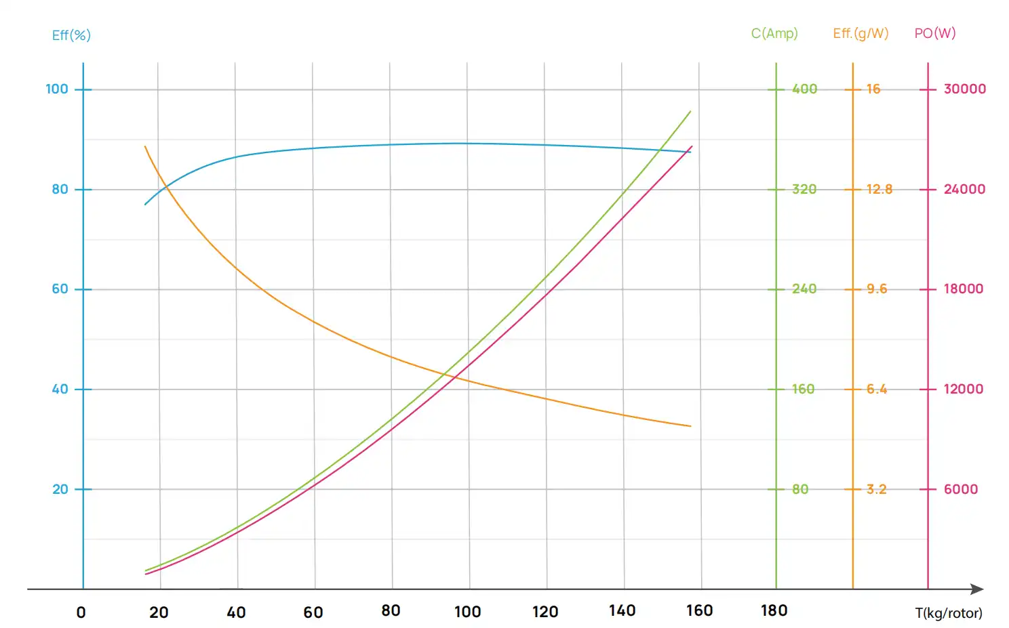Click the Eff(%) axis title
(71, 35)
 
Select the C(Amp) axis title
(774, 33)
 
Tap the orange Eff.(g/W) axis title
(860, 33)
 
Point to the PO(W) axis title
(935, 33)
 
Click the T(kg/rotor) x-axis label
(949, 613)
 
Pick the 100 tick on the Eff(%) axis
(57, 89)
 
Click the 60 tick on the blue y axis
(60, 289)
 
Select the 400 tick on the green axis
(804, 89)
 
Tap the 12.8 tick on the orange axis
(879, 189)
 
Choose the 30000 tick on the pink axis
(965, 89)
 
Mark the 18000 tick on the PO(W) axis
(964, 289)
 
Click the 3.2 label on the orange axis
(876, 489)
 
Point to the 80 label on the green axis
(800, 489)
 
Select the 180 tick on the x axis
(774, 611)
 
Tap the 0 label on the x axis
(81, 612)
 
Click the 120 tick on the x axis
(545, 612)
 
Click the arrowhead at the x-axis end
(978, 589)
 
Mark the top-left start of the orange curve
(145, 146)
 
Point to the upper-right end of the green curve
(690, 111)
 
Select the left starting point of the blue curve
(145, 204)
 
